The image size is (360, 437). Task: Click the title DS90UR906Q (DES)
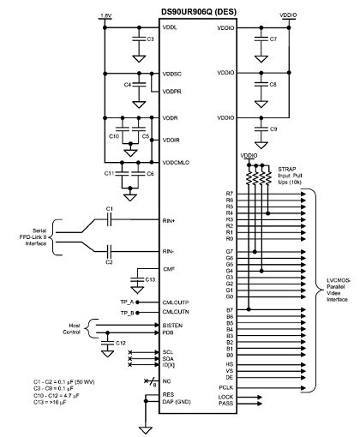point(199,12)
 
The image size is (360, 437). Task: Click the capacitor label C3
point(150,39)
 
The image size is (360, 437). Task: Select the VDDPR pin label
point(171,92)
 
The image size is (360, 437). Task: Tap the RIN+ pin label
point(169,221)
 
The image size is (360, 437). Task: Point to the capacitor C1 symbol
point(110,220)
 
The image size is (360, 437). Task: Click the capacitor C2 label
point(109,262)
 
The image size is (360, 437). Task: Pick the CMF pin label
point(169,269)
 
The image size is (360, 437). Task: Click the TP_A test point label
point(127,302)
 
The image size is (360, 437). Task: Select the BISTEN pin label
point(172,326)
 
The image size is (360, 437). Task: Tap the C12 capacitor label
point(121,343)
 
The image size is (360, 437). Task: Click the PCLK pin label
point(226,388)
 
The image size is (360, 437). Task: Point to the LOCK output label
point(225,397)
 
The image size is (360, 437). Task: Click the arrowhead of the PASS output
point(260,404)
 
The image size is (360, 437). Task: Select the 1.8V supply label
point(105,16)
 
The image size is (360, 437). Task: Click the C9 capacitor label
point(273,129)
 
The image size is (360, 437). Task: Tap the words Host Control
point(72,329)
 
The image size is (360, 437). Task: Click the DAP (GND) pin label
point(177,402)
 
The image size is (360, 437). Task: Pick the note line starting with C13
point(50,402)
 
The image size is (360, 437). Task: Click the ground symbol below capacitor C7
point(261,59)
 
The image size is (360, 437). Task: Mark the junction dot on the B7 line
point(249,309)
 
